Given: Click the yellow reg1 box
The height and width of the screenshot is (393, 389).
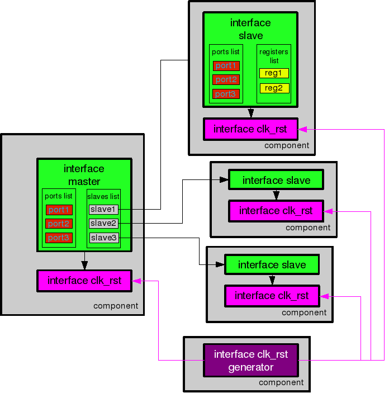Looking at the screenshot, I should pyautogui.click(x=274, y=73).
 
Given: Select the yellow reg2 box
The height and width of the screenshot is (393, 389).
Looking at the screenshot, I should pyautogui.click(x=274, y=88).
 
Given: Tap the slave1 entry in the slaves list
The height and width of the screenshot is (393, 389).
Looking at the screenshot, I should pyautogui.click(x=103, y=209).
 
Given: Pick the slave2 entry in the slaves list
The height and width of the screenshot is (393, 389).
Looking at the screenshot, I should pyautogui.click(x=103, y=224).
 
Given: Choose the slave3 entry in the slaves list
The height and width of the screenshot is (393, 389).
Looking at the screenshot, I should pyautogui.click(x=103, y=238).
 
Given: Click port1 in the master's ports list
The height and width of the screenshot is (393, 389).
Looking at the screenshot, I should pyautogui.click(x=59, y=210).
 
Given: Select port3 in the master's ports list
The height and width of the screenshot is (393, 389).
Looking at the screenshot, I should pyautogui.click(x=59, y=238).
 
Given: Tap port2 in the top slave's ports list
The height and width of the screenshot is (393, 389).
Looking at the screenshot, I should pyautogui.click(x=226, y=79).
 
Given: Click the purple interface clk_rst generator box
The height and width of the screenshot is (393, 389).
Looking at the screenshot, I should pyautogui.click(x=250, y=361).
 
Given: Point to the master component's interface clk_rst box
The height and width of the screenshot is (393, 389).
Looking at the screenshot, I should pyautogui.click(x=84, y=281).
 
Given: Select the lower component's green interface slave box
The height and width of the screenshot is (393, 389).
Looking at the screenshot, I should pyautogui.click(x=272, y=265).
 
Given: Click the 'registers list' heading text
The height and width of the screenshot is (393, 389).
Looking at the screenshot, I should pyautogui.click(x=274, y=56).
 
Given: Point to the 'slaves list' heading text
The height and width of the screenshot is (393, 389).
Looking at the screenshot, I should pyautogui.click(x=103, y=197).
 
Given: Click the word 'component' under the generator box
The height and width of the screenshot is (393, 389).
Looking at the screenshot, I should pyautogui.click(x=281, y=383).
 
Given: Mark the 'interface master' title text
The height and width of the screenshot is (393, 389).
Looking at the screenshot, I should pyautogui.click(x=84, y=175).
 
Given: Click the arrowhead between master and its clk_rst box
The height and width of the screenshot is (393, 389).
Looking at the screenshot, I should pyautogui.click(x=84, y=266).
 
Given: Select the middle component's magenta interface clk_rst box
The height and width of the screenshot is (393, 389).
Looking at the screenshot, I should pyautogui.click(x=276, y=211).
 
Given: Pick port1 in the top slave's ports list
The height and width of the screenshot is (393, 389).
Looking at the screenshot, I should pyautogui.click(x=226, y=65).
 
